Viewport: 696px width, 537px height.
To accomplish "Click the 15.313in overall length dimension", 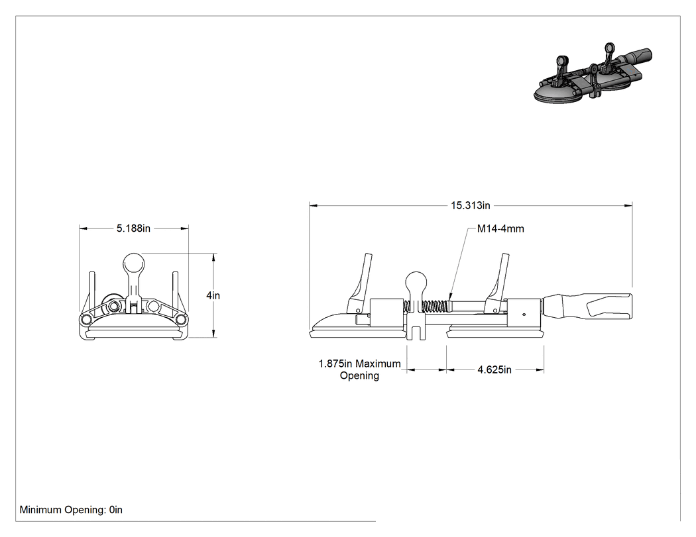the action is click(x=471, y=205).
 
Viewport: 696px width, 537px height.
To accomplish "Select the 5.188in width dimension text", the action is click(x=134, y=228).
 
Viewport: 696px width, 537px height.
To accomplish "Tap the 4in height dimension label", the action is click(x=213, y=295).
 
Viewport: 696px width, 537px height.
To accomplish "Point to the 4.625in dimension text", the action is click(x=494, y=370).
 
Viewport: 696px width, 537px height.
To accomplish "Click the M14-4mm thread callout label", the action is click(x=500, y=229).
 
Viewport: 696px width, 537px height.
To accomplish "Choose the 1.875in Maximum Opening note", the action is click(x=359, y=369).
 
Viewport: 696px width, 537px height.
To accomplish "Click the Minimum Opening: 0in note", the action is click(x=71, y=510).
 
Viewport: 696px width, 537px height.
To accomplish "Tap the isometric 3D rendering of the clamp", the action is click(x=593, y=75).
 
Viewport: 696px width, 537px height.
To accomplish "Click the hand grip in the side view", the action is click(x=589, y=306).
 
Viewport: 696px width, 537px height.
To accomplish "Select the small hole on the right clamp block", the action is click(x=524, y=315).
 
